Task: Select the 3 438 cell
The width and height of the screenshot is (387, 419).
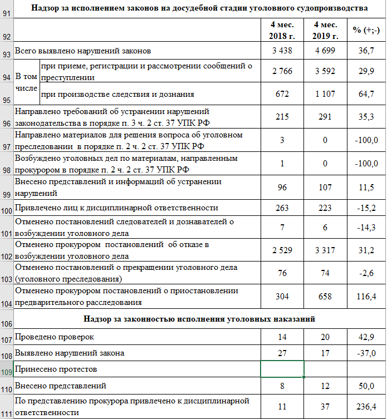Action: (282, 51)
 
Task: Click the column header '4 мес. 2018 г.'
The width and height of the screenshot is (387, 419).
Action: (282, 30)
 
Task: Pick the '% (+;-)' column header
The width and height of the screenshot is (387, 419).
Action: (366, 30)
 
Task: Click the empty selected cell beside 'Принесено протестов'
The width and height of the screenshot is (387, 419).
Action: (282, 369)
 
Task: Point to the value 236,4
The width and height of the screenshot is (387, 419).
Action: (366, 407)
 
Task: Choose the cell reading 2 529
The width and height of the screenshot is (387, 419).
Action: (282, 250)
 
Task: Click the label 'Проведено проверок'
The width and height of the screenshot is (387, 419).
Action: (55, 337)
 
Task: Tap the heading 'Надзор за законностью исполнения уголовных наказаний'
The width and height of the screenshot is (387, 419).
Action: (199, 319)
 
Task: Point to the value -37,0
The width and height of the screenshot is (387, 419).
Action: (366, 353)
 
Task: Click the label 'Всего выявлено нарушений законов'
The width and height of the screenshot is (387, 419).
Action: (83, 51)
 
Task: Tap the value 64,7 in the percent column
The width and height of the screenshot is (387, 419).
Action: (366, 94)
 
